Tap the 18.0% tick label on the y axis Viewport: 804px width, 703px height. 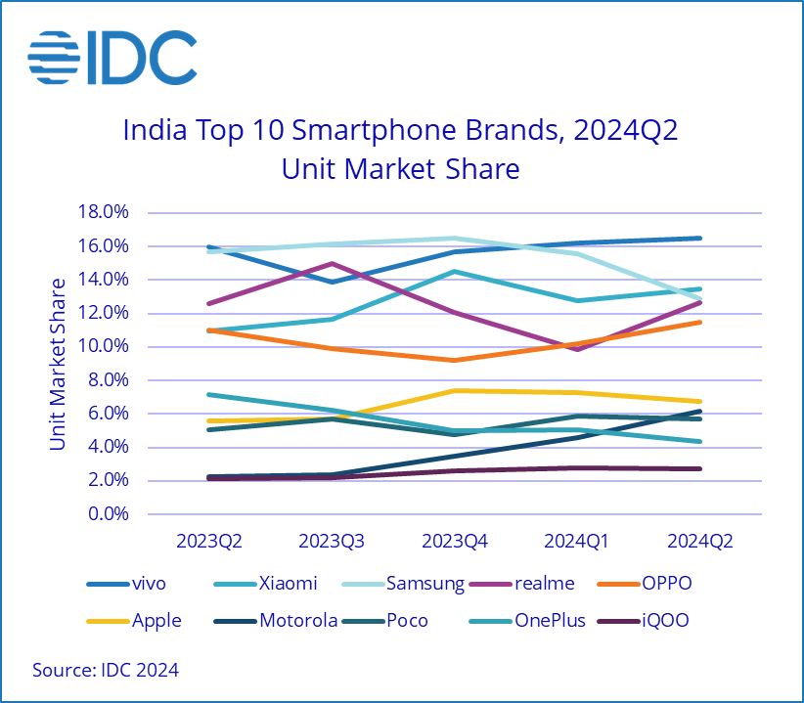(103, 212)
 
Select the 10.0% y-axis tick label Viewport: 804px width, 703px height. (103, 347)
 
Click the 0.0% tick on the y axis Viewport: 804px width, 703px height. (107, 514)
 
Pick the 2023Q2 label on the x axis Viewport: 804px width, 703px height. (208, 541)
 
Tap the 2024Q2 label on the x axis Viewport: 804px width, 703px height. (699, 541)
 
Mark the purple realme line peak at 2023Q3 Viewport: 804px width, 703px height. (333, 263)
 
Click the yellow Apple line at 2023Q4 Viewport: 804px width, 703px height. (454, 390)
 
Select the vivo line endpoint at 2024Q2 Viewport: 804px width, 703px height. (699, 238)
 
